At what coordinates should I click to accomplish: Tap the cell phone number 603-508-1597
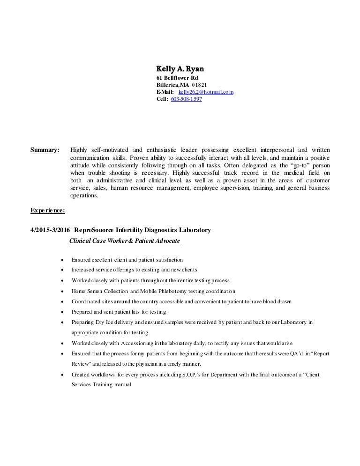pos(187,99)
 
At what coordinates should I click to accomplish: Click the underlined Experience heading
pos(47,211)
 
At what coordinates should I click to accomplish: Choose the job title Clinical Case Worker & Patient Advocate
pos(124,241)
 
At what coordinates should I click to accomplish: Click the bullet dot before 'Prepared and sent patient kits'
pos(62,312)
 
